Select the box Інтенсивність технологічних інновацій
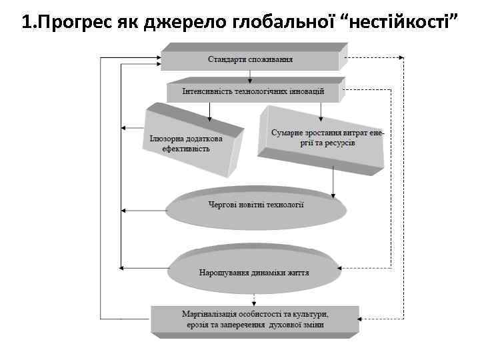(253, 91)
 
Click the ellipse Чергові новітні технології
(256, 205)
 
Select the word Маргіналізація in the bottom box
(213, 314)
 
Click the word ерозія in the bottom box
(198, 325)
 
